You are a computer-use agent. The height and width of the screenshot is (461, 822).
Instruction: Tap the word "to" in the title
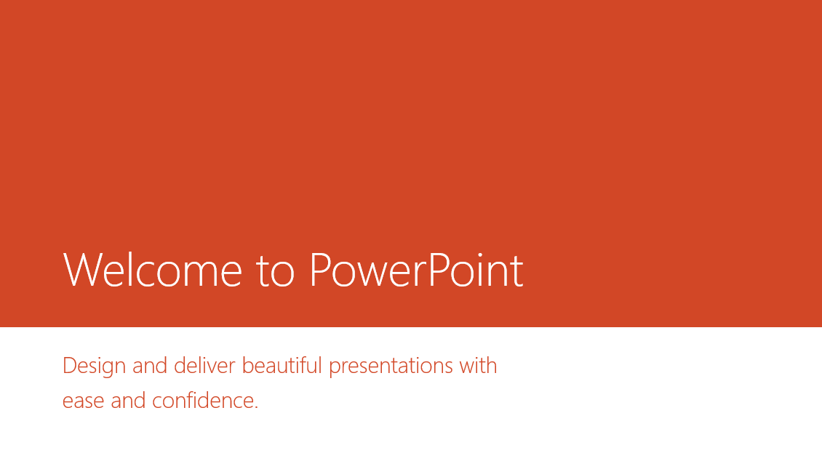tap(275, 272)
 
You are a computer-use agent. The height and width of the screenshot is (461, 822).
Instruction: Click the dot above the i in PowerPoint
tap(479, 255)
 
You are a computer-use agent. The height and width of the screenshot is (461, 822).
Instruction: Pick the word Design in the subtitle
tap(95, 366)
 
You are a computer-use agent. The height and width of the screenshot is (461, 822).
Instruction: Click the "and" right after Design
tap(150, 366)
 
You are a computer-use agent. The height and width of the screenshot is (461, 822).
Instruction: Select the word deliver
tap(204, 366)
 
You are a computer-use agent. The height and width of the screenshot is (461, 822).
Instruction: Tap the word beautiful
tap(282, 366)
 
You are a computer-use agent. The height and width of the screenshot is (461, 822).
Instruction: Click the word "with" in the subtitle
tap(478, 366)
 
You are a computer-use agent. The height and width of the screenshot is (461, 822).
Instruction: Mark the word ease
tap(84, 401)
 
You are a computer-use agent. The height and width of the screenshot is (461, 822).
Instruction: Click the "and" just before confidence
tap(129, 401)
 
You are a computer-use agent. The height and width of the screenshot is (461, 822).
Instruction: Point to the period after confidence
tap(256, 408)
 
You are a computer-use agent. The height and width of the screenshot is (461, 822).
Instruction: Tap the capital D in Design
tap(71, 366)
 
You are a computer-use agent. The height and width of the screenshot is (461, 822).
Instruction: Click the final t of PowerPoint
tap(516, 272)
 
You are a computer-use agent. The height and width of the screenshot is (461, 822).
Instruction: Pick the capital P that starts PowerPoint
tap(320, 270)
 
